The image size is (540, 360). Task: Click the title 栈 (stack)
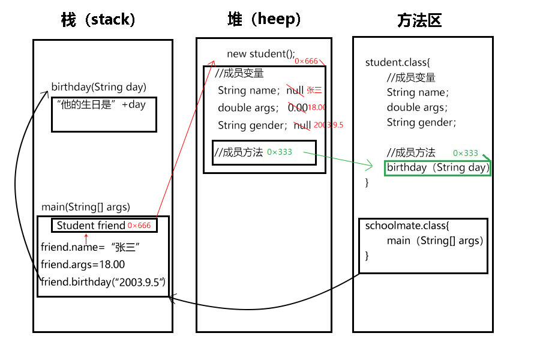[x=98, y=20]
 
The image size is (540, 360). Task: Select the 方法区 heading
[x=419, y=21]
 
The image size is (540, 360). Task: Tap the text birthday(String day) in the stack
[x=98, y=87]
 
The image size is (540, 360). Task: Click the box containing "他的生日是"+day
[x=103, y=114]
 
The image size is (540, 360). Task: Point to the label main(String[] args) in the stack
[x=86, y=207]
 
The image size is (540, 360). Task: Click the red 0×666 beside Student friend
[x=139, y=226]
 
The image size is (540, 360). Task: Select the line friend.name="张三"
[x=91, y=247]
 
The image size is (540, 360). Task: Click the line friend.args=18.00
[x=83, y=264]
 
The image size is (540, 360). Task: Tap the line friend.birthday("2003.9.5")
[x=103, y=282]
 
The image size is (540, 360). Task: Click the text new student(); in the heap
[x=261, y=54]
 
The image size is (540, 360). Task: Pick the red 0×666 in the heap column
[x=306, y=61]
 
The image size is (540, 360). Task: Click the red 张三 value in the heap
[x=314, y=91]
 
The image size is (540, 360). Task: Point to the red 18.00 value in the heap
[x=316, y=107]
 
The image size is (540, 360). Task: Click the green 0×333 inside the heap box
[x=280, y=152]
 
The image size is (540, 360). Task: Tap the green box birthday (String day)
[x=437, y=167]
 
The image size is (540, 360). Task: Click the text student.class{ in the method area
[x=398, y=62]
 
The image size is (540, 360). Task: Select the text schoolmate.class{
[x=407, y=226]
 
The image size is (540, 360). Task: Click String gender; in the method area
[x=421, y=122]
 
